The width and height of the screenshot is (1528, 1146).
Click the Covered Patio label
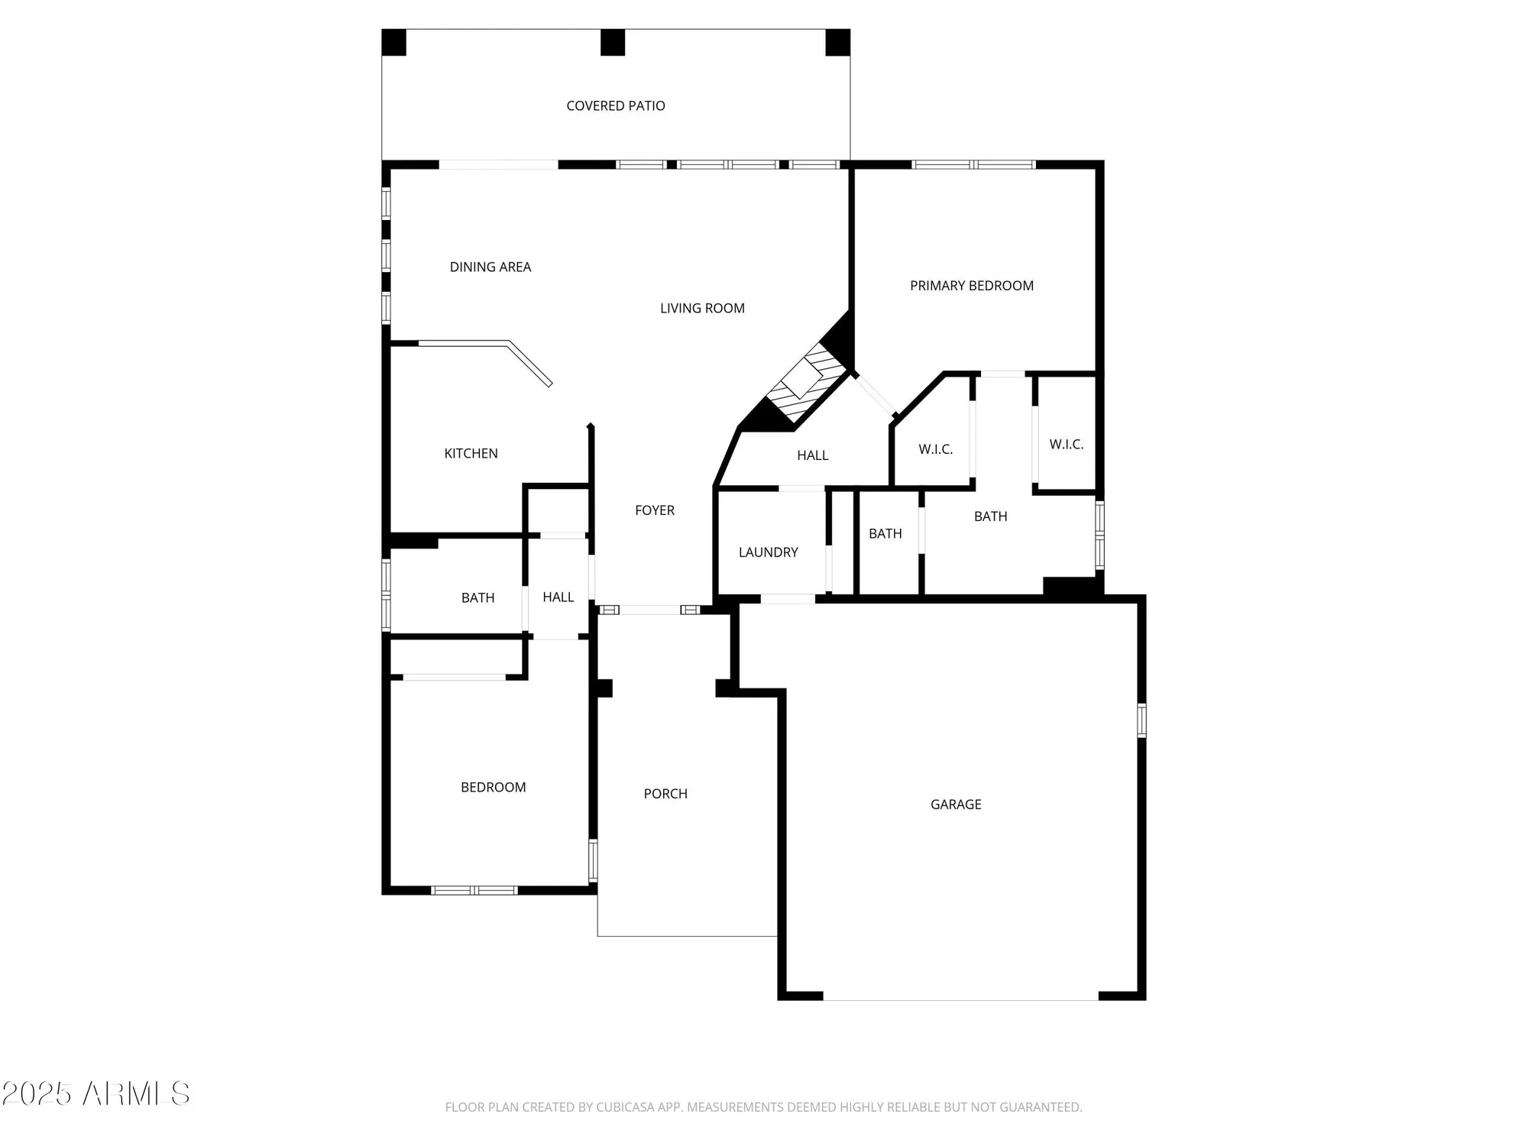pos(615,106)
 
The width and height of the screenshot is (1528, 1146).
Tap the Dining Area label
pos(490,267)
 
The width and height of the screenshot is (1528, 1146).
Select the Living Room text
pos(702,309)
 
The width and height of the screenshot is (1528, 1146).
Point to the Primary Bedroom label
pos(971,286)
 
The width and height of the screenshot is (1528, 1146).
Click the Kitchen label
pos(471,454)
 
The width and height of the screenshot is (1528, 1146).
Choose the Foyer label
pos(655,510)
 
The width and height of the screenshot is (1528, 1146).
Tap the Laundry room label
pos(768,552)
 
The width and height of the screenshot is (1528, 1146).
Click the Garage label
pos(955,804)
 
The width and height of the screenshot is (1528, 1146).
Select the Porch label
pos(665,794)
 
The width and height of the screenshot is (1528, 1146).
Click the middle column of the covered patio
pos(612,42)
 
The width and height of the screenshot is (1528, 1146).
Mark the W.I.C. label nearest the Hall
pos(935,449)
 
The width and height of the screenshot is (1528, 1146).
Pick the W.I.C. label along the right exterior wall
pos(1066,445)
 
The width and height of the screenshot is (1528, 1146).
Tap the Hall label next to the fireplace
pos(812,455)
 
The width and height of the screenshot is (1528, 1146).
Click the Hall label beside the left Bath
pos(558,597)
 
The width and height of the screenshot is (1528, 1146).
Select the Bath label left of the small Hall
pos(477,598)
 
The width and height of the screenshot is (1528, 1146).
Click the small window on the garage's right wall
pos(1141,720)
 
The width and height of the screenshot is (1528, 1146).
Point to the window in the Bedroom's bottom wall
pos(474,890)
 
